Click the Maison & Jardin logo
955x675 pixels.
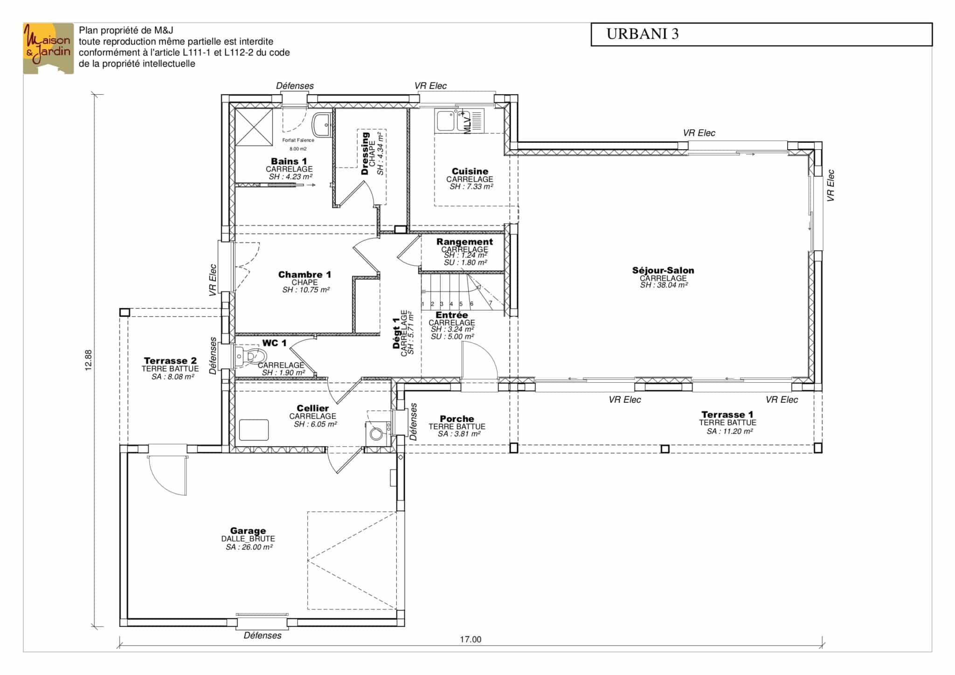pyautogui.click(x=48, y=48)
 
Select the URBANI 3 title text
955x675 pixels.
pyautogui.click(x=642, y=34)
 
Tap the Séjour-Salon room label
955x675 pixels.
pyautogui.click(x=663, y=270)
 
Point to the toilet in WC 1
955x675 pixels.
pyautogui.click(x=248, y=356)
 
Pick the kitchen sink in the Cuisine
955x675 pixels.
pyautogui.click(x=460, y=120)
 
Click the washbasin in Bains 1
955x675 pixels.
pyautogui.click(x=322, y=124)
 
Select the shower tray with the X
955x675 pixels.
pyautogui.click(x=254, y=127)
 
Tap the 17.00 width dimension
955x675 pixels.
pyautogui.click(x=471, y=639)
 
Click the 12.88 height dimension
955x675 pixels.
pyautogui.click(x=89, y=360)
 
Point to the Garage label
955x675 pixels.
pyautogui.click(x=248, y=530)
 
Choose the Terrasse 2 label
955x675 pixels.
pyautogui.click(x=170, y=360)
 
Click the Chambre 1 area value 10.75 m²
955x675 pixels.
pyautogui.click(x=306, y=290)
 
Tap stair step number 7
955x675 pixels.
pyautogui.click(x=491, y=303)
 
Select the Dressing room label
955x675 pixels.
pyautogui.click(x=365, y=153)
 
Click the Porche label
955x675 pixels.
pyautogui.click(x=457, y=419)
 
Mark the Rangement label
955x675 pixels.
pyautogui.click(x=464, y=241)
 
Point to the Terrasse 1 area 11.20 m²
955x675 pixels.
pyautogui.click(x=730, y=431)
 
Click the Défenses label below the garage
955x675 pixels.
pyautogui.click(x=263, y=635)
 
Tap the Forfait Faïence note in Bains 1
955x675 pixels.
pyautogui.click(x=298, y=140)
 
